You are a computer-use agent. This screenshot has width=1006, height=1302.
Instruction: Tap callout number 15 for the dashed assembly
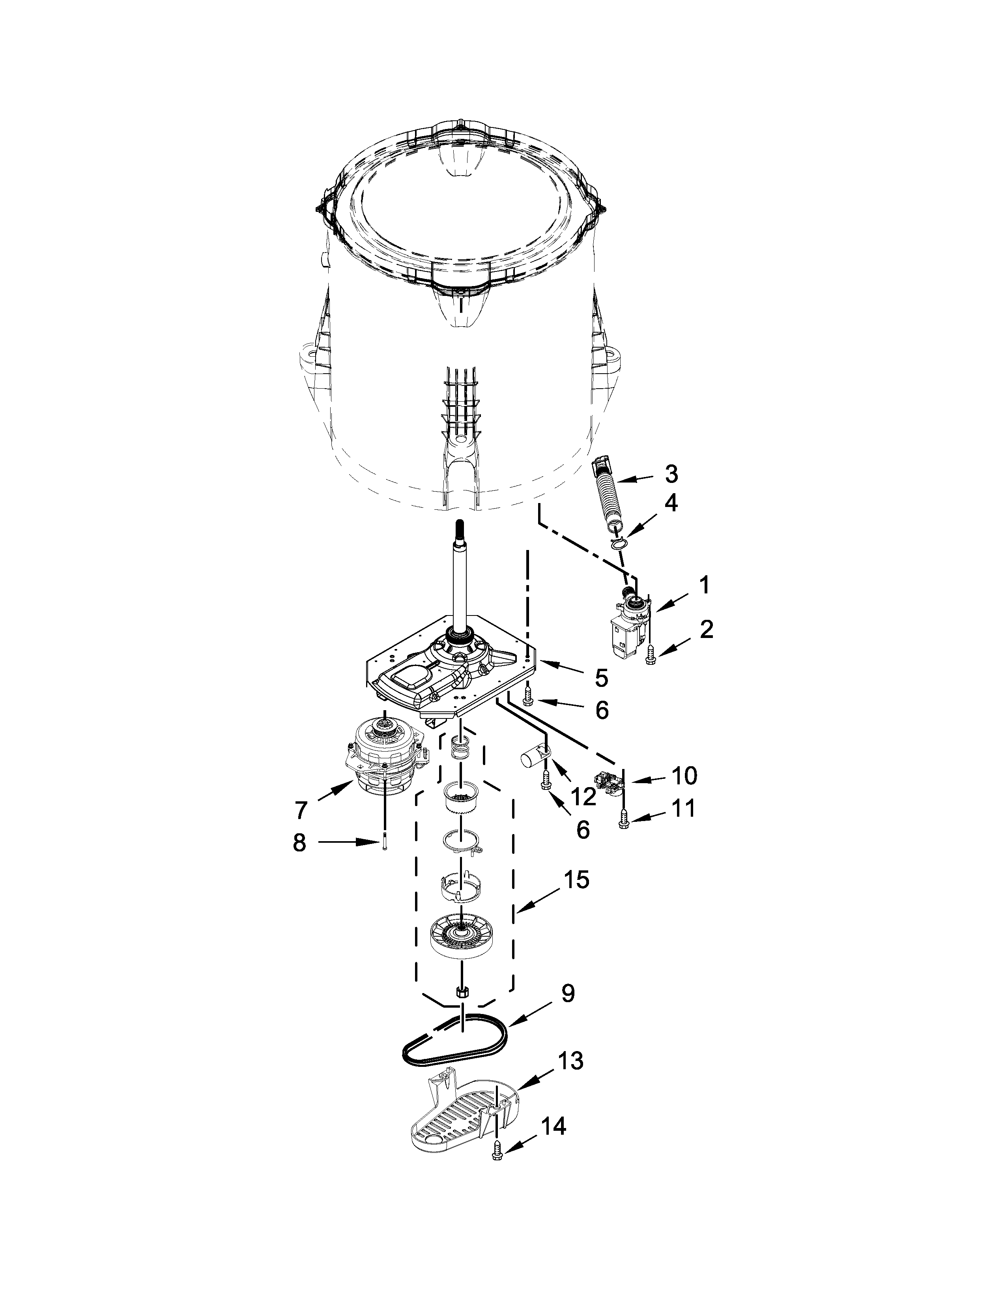point(576,879)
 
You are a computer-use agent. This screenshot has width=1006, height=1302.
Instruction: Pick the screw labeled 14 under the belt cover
point(496,1170)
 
